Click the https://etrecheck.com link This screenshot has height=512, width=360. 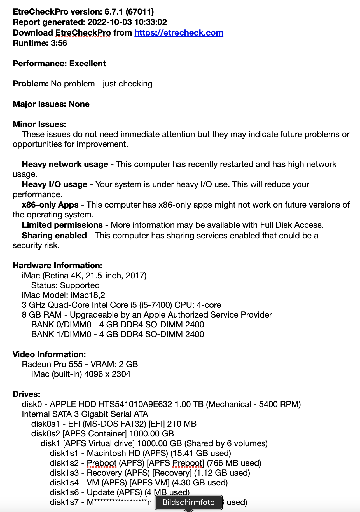[x=179, y=33]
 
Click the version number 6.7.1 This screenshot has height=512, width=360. [x=114, y=12]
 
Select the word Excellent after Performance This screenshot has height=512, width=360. [x=87, y=64]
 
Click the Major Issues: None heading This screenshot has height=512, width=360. [x=51, y=104]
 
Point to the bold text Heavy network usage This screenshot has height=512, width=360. [x=65, y=164]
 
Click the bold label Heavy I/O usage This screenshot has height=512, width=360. [x=55, y=184]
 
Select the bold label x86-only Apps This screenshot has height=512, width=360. [x=50, y=205]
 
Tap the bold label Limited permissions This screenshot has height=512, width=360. [x=62, y=225]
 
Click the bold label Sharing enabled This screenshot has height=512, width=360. [x=54, y=236]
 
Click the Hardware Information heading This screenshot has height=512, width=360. [x=58, y=266]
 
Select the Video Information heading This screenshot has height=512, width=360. [x=49, y=354]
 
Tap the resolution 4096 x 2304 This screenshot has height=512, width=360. [x=107, y=374]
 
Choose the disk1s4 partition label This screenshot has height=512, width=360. [x=64, y=483]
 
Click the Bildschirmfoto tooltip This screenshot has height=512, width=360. [x=188, y=502]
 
